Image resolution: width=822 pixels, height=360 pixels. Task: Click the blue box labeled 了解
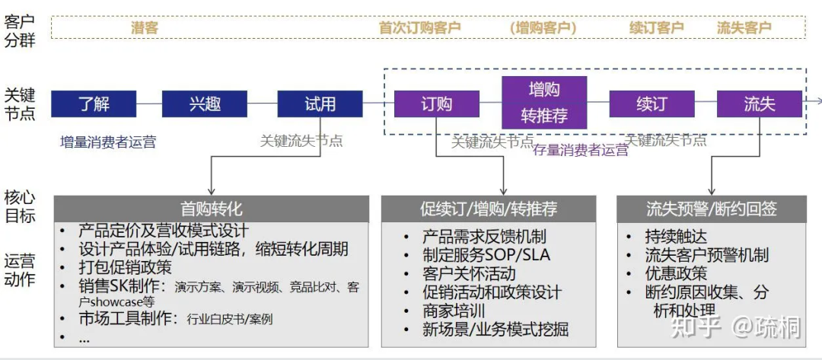94,104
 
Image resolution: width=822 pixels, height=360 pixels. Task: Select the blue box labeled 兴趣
205,104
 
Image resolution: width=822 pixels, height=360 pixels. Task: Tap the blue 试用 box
320,104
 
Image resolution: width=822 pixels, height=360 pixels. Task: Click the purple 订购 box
436,104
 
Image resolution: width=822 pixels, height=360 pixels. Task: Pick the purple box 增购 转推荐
543,103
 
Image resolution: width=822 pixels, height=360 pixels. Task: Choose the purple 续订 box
652,104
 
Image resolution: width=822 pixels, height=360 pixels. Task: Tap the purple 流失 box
759,104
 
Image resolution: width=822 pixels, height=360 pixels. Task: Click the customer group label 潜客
145,28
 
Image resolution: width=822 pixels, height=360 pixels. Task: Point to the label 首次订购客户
419,28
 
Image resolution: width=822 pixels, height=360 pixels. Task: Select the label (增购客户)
543,28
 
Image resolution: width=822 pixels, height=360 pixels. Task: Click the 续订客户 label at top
656,28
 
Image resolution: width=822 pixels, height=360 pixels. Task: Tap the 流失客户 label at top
744,28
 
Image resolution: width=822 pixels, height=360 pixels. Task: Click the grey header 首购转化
211,209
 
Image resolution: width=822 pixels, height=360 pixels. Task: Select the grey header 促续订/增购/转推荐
489,209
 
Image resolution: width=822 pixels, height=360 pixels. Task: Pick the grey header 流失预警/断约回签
711,209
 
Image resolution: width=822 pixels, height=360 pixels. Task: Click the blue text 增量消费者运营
108,141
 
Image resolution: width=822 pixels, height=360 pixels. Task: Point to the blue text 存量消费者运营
580,151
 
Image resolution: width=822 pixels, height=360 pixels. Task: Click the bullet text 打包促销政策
125,267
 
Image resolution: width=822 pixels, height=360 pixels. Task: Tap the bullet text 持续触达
676,236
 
